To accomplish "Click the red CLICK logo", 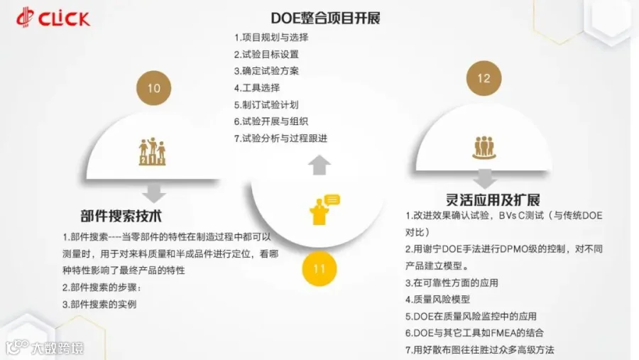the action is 53,18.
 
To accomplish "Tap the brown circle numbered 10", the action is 153,88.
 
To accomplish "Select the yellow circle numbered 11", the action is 319,268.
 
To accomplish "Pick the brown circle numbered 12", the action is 484,78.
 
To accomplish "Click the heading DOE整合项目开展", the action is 325,18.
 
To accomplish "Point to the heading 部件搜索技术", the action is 121,216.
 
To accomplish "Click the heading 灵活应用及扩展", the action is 493,200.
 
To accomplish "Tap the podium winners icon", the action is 152,151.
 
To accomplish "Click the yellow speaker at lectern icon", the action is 324,209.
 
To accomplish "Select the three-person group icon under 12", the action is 484,147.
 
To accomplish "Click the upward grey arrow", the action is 319,165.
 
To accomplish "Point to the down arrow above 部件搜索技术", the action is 153,192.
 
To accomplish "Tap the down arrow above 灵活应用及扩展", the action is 484,178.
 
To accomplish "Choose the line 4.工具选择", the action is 257,87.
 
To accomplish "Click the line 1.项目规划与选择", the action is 271,38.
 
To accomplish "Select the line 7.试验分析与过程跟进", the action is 280,138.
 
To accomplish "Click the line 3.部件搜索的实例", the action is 99,304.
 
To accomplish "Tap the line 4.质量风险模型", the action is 437,299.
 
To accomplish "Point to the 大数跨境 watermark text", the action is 58,348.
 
